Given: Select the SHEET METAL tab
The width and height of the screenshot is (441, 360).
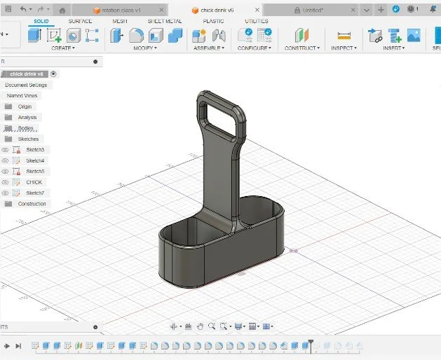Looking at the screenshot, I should click(x=165, y=22).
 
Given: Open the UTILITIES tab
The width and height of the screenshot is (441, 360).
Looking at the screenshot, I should click(x=257, y=22).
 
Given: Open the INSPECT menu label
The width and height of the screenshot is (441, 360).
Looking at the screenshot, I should click(x=344, y=48).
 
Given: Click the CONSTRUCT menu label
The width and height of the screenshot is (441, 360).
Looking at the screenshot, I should click(x=301, y=48).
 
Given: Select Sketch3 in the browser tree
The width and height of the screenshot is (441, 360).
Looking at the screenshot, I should click(x=35, y=150).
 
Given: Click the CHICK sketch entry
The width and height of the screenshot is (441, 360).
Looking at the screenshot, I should click(x=34, y=182).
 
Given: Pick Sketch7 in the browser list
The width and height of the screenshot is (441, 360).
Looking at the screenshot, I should click(x=35, y=193).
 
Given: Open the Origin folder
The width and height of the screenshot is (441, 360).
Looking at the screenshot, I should click(x=25, y=106).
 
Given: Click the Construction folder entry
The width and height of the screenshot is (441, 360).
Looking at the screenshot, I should click(x=32, y=204).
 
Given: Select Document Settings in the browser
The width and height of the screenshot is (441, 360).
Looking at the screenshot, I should click(x=26, y=85).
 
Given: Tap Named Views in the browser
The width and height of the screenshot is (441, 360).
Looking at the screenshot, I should click(x=22, y=95).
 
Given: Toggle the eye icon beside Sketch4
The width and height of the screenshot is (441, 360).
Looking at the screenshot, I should click(x=6, y=160).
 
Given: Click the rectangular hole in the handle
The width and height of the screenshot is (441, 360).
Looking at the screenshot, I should click(x=220, y=114).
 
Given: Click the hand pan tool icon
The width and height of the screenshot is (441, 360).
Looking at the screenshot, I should click(x=200, y=326).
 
